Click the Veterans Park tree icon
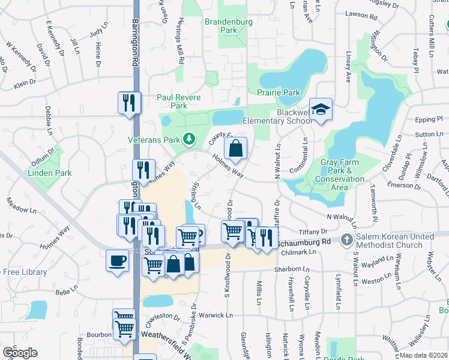click(190, 139)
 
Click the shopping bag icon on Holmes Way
click(236, 148)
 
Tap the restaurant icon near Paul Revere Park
click(129, 103)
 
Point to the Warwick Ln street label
click(215, 314)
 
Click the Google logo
click(20, 353)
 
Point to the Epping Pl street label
click(427, 119)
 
